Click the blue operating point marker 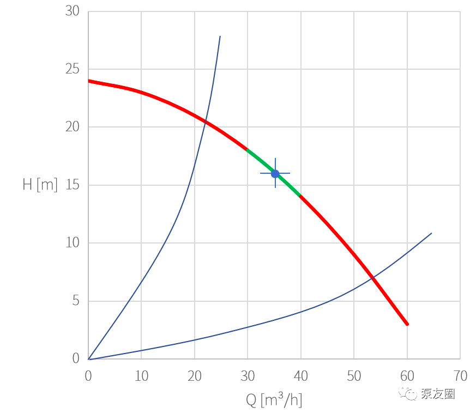pos(275,173)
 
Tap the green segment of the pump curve pos(273,172)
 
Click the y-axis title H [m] pos(40,184)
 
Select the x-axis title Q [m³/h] pos(274,400)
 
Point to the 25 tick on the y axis pos(72,69)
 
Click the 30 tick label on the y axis pos(72,11)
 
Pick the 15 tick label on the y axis pos(72,185)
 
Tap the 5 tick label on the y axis pos(76,301)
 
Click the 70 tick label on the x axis pos(460,376)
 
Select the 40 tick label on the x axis pos(300,376)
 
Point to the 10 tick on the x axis pos(141,376)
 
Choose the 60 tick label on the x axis pos(407,376)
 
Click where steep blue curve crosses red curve pos(206,121)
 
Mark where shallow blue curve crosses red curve pos(373,278)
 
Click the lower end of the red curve pos(407,324)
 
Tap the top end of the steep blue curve pos(220,36)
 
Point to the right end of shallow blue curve pos(431,233)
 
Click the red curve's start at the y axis pos(89,81)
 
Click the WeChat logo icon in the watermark pos(408,393)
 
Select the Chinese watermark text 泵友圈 pos(438,394)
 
